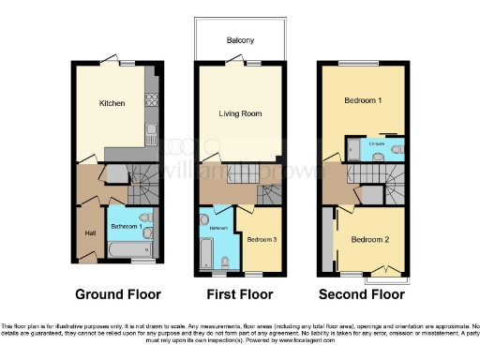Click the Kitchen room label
[112, 105]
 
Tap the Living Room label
[240, 113]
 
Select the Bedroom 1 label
[363, 99]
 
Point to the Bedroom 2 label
[370, 239]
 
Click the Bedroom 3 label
[260, 239]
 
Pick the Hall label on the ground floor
[90, 233]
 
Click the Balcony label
[240, 40]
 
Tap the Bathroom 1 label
[127, 227]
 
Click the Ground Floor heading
[117, 293]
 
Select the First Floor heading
[239, 293]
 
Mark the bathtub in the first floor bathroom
[205, 251]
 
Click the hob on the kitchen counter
[150, 100]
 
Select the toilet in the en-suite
[380, 157]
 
